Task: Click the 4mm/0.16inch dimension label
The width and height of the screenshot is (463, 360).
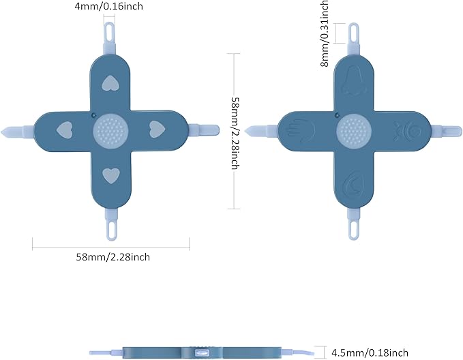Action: click(x=108, y=6)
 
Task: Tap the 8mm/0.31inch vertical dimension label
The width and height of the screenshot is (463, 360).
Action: click(x=324, y=33)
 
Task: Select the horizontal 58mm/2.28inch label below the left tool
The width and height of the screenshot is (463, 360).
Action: click(x=113, y=257)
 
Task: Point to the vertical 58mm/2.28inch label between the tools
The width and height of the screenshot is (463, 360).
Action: click(x=235, y=133)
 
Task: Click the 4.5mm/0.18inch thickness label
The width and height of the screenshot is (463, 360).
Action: click(x=370, y=352)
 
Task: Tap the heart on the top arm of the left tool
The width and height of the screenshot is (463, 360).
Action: click(x=110, y=83)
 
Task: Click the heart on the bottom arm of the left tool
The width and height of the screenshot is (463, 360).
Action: click(x=111, y=176)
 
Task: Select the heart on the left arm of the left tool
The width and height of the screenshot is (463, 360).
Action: click(x=64, y=130)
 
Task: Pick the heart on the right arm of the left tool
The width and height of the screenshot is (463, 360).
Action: click(x=157, y=129)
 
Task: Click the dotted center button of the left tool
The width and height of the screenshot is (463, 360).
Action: click(x=110, y=130)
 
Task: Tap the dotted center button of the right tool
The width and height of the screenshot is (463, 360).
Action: click(x=354, y=130)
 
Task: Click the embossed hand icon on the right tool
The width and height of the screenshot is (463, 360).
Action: click(x=301, y=130)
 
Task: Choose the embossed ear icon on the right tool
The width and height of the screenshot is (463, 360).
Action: click(x=353, y=183)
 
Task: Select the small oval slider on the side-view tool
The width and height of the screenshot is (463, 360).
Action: click(x=202, y=352)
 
